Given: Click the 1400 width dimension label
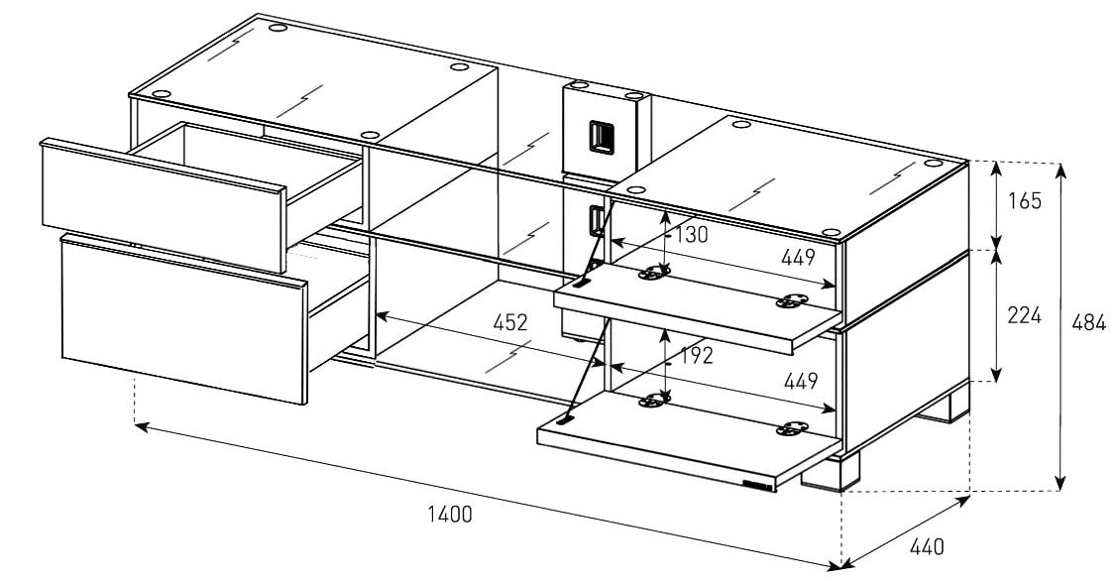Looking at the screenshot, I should point(450,514).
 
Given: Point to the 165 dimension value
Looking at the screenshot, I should point(1025,201).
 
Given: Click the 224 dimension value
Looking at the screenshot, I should point(1025,315).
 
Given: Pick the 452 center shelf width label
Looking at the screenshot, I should point(509,322).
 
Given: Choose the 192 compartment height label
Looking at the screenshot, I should point(697,356).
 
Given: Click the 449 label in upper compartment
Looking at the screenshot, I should point(797,258).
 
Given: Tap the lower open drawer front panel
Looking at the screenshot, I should point(183,317).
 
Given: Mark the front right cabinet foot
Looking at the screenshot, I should point(825,474).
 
